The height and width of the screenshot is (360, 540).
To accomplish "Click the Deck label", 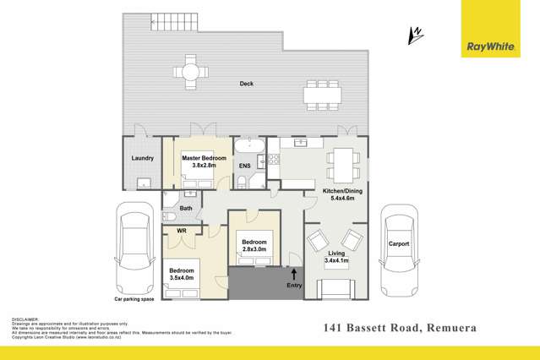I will [x=246, y=84].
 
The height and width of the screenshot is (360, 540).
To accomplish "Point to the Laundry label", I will [x=142, y=158].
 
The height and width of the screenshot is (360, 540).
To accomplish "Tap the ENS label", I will [x=244, y=166].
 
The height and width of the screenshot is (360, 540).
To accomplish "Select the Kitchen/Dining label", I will [x=339, y=197].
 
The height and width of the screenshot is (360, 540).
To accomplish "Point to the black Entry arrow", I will [x=294, y=273].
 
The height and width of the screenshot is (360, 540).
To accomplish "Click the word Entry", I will [x=294, y=286].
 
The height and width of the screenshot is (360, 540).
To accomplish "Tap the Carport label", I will [x=399, y=244].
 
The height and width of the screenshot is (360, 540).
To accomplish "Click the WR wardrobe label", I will [x=182, y=231].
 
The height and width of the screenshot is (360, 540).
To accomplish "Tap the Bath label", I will [x=187, y=208].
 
